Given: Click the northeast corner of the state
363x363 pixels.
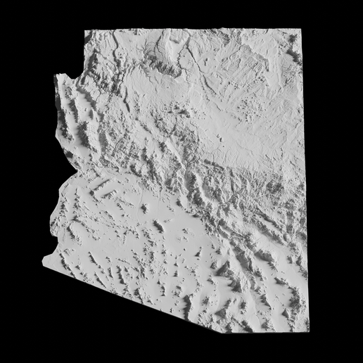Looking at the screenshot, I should [x=301, y=30].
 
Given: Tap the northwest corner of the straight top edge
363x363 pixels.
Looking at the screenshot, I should [x=85, y=30].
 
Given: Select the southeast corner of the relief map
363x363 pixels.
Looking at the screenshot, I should [x=307, y=331].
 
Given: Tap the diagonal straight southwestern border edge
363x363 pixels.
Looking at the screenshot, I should [x=127, y=295].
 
